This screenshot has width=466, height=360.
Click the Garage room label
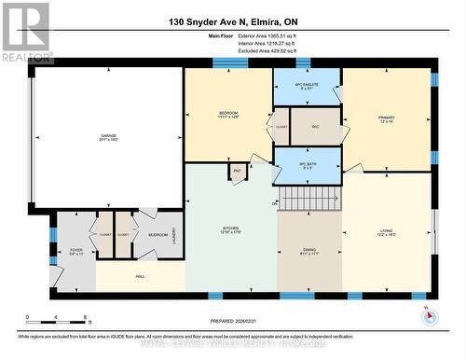coord(108,136)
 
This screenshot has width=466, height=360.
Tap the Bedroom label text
coord(228,113)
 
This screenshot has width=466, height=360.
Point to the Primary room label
coord(387,118)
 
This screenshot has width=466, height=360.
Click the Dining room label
coord(308,250)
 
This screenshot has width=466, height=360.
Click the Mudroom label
coord(157,235)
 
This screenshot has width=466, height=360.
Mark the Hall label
coord(139,276)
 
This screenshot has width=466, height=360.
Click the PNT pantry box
coord(238,172)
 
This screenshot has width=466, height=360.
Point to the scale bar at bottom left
coord(57,319)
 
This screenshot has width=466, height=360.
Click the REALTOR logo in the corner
coord(25,31)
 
